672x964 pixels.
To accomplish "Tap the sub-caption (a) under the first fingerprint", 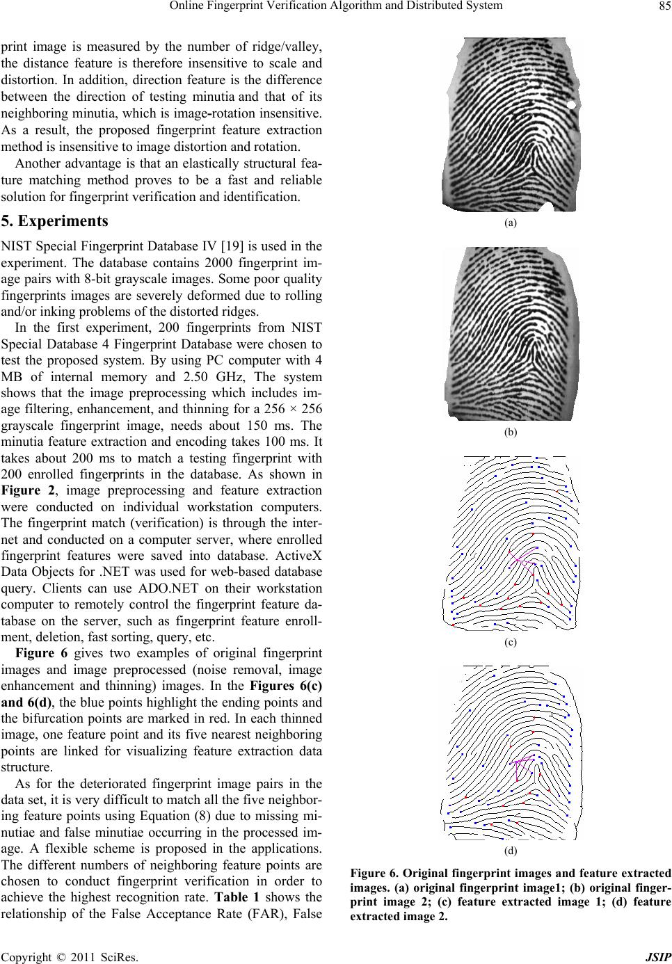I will [x=511, y=223].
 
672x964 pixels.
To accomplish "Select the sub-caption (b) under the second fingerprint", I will [x=511, y=432].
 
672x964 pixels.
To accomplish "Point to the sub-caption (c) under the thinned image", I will [x=511, y=642].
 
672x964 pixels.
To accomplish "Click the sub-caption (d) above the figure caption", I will [x=511, y=850].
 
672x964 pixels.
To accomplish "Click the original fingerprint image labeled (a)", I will [x=511, y=124].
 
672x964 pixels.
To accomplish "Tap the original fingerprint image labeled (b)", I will [x=511, y=333].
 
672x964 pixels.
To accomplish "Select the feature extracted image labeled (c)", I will [x=511, y=543].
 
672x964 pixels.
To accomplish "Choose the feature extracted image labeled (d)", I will [x=511, y=753].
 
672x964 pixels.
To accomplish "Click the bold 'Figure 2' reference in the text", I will [x=24, y=489].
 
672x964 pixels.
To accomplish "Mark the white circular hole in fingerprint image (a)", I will [x=572, y=105].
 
